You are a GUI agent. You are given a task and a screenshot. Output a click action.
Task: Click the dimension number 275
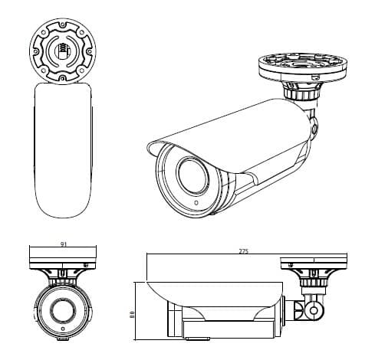point(243,251)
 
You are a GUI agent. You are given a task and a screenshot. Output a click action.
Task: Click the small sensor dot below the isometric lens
point(196,204)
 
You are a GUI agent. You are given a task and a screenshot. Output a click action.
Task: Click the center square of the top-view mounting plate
point(62,52)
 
